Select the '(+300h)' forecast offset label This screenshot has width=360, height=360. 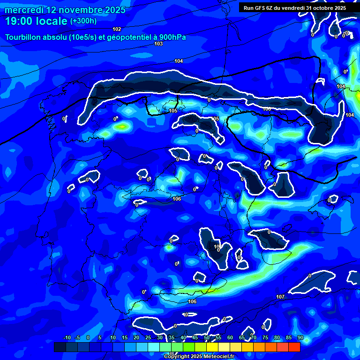[83, 21]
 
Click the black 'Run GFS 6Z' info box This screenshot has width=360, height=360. [294, 8]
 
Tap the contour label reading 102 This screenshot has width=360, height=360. [117, 29]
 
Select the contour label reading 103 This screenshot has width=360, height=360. [158, 44]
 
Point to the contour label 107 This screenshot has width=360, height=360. [280, 297]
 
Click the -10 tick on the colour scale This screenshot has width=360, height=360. [67, 338]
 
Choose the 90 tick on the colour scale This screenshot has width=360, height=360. [300, 338]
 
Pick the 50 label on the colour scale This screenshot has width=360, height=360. [206, 338]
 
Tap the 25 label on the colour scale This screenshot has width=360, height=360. [148, 338]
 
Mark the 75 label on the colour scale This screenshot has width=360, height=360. [265, 338]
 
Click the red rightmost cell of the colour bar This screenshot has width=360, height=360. [294, 347]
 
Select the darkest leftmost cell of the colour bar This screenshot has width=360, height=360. [60, 347]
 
